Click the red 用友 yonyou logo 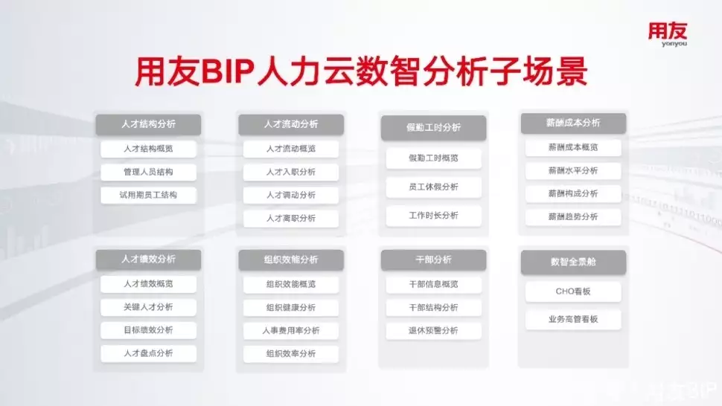pos(667,33)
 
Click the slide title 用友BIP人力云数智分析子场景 pos(361,71)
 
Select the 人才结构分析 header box pos(148,124)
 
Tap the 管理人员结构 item pos(148,172)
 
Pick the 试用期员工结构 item pos(148,195)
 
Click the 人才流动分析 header pos(291,124)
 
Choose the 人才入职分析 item pos(291,172)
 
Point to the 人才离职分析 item pos(291,219)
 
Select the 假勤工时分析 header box pos(433,127)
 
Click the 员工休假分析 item pos(433,187)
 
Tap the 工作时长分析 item pos(433,215)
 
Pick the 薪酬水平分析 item pos(573,170)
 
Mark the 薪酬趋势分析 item pos(573,216)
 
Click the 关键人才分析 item pos(148,307)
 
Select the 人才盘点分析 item pos(148,353)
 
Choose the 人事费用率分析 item pos(291,331)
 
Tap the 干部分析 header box pos(433,260)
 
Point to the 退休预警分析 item pos(433,331)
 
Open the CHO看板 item pos(573,291)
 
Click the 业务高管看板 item pos(573,319)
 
